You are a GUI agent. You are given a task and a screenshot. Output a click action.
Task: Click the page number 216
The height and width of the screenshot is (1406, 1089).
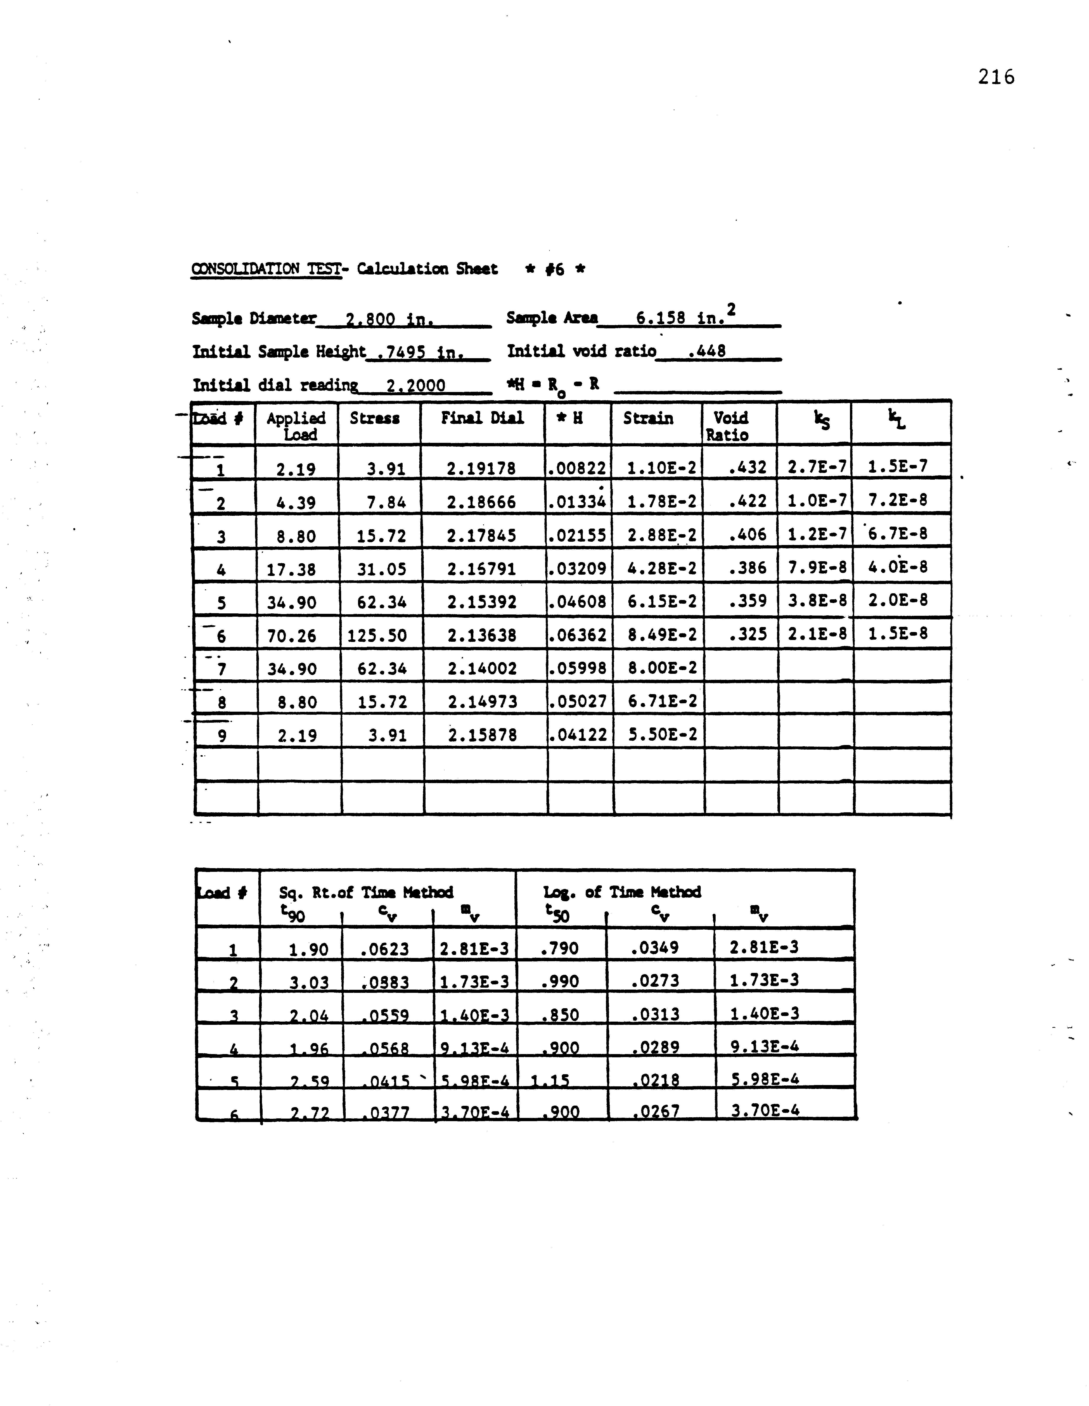(x=996, y=77)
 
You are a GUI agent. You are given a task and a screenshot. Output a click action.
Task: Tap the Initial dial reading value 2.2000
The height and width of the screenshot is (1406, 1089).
(x=415, y=386)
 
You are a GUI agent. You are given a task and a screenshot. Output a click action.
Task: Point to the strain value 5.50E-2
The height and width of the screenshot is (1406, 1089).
(x=662, y=735)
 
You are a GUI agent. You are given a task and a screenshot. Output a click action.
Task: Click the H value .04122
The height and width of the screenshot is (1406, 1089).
(x=577, y=735)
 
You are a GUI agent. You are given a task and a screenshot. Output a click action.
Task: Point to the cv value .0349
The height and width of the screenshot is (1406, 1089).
(x=655, y=948)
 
